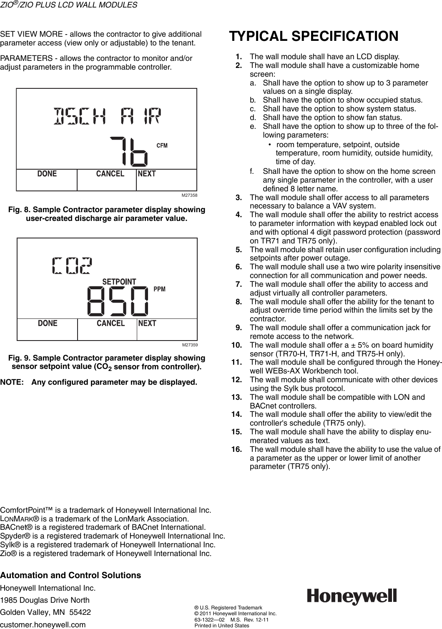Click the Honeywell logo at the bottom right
pyautogui.click(x=352, y=596)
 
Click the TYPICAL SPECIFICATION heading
pyautogui.click(x=313, y=36)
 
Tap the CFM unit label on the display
pyautogui.click(x=162, y=145)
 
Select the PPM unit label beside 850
pyautogui.click(x=160, y=289)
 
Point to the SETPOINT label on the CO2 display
pyautogui.click(x=119, y=282)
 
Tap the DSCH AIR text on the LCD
pyautogui.click(x=107, y=115)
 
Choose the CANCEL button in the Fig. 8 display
pyautogui.click(x=110, y=174)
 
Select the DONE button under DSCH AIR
pyautogui.click(x=47, y=174)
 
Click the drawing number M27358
pyautogui.click(x=189, y=195)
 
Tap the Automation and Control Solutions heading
pyautogui.click(x=70, y=575)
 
